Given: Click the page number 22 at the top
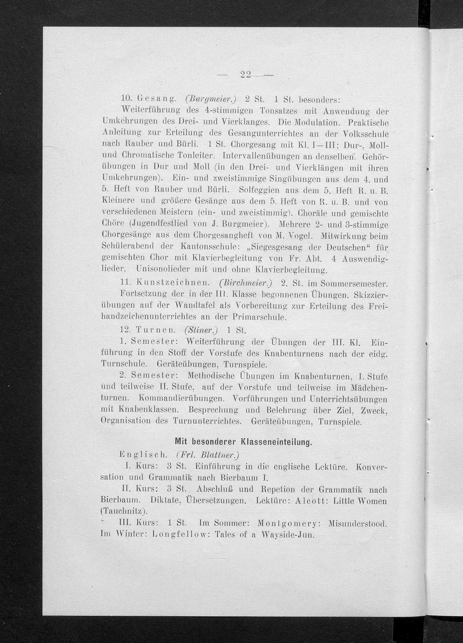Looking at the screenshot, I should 246,75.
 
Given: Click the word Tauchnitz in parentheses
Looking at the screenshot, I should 123,512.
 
